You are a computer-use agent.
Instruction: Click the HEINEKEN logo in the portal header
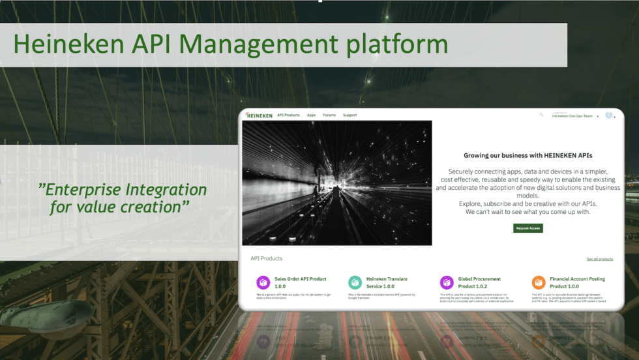point(260,115)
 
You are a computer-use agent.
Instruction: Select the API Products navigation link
point(288,115)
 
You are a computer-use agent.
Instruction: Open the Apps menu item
point(311,115)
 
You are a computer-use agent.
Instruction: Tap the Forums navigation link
point(329,115)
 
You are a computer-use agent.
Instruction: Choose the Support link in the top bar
point(349,115)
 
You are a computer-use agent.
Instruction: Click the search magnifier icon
point(541,115)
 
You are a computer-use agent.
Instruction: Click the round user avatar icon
point(608,115)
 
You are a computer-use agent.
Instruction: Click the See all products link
point(599,259)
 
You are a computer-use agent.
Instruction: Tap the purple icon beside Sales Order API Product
point(263,282)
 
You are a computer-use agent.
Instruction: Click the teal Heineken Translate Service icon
point(355,282)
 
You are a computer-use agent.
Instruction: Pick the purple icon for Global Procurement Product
point(447,282)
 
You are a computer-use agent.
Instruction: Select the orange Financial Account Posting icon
point(538,282)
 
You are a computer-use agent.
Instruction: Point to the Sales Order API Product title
point(300,282)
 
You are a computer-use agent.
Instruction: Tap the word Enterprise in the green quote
point(84,190)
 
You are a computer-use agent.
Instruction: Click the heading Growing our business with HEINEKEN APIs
point(528,156)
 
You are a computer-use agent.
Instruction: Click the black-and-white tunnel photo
point(336,183)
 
